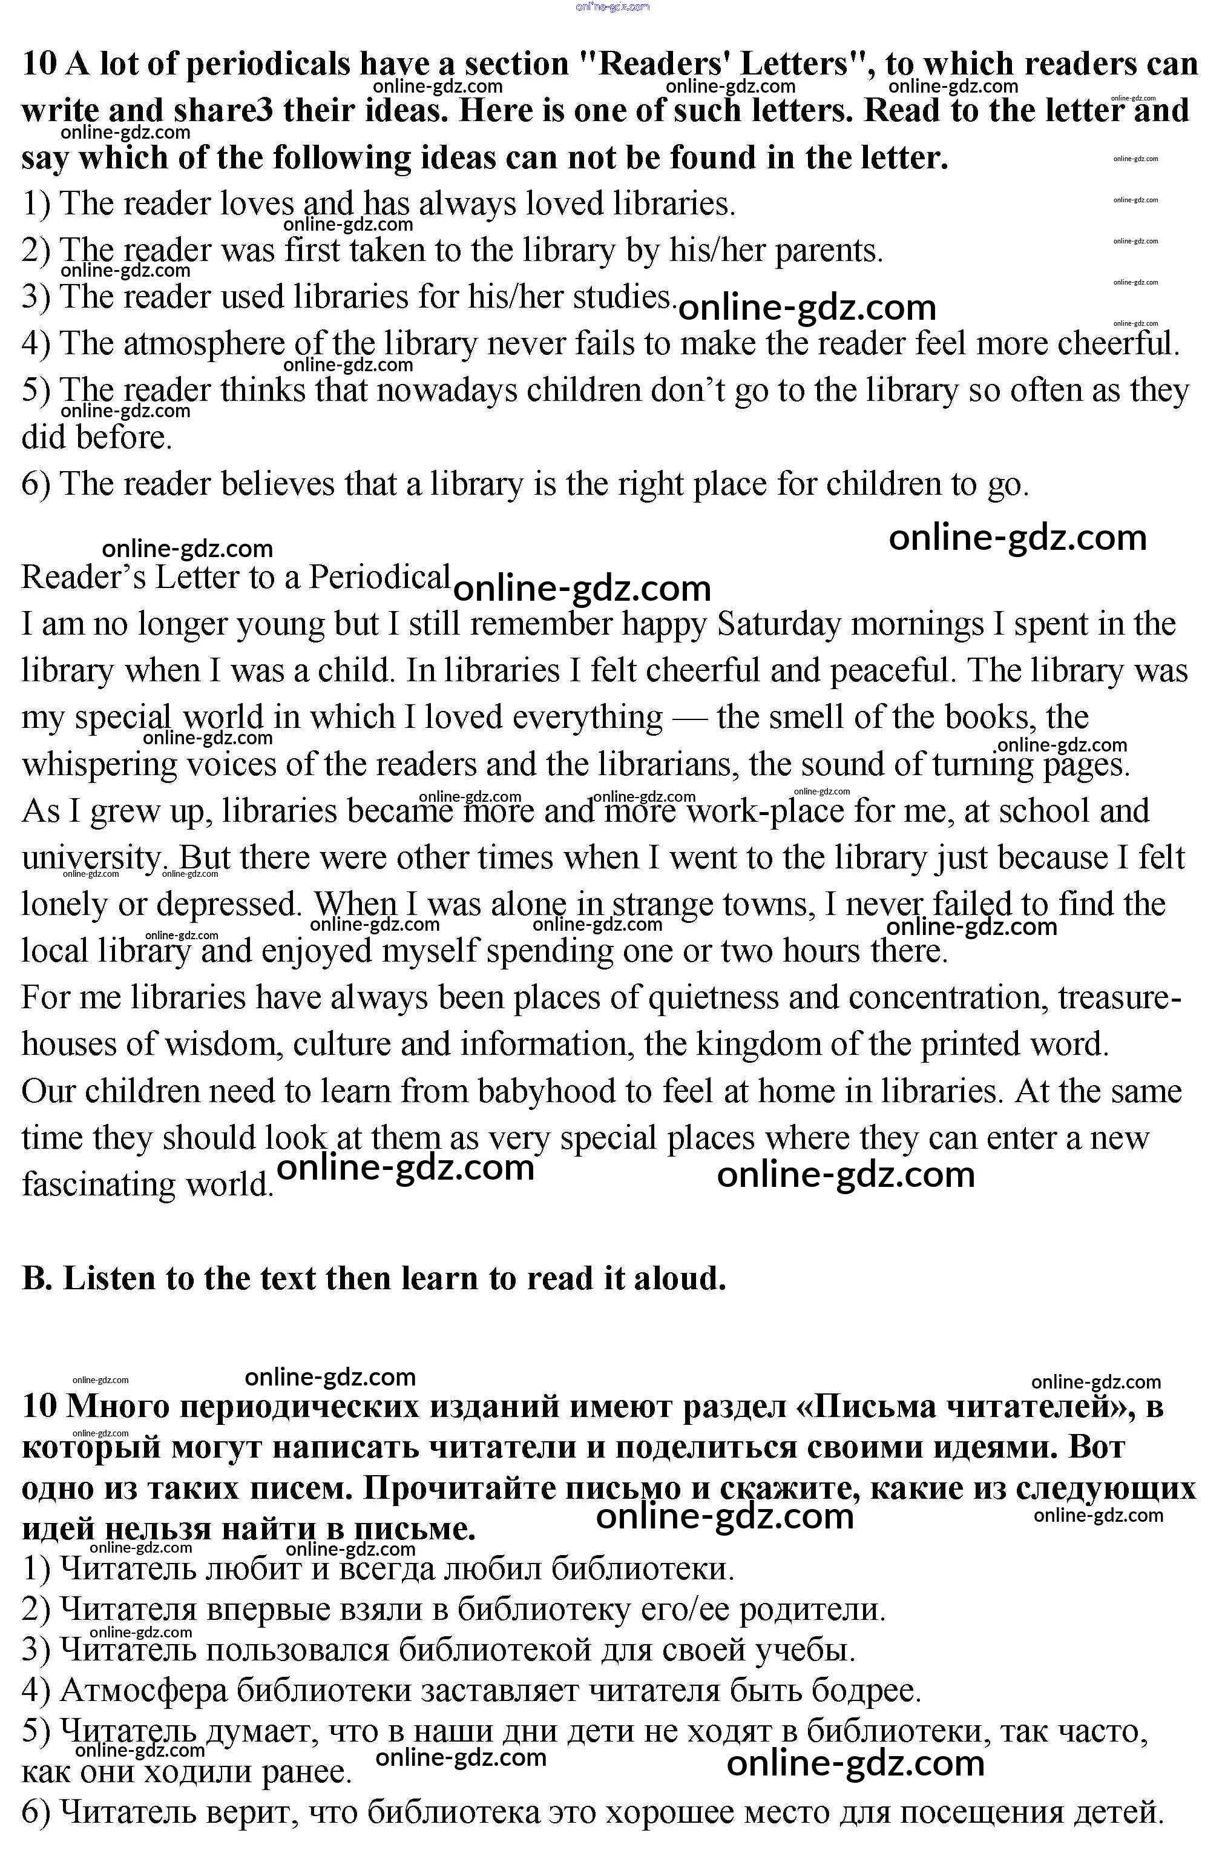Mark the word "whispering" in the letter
coord(99,765)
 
